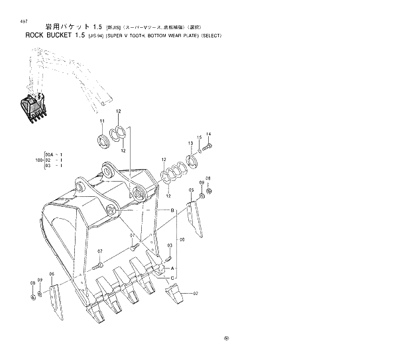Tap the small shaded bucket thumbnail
pyautogui.click(x=33, y=109)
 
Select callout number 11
pyautogui.click(x=103, y=121)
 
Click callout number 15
pyautogui.click(x=199, y=137)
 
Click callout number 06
pyautogui.click(x=52, y=274)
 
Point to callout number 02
pyautogui.click(x=196, y=292)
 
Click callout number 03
pyautogui.click(x=48, y=166)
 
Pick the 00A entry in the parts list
pyautogui.click(x=49, y=154)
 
